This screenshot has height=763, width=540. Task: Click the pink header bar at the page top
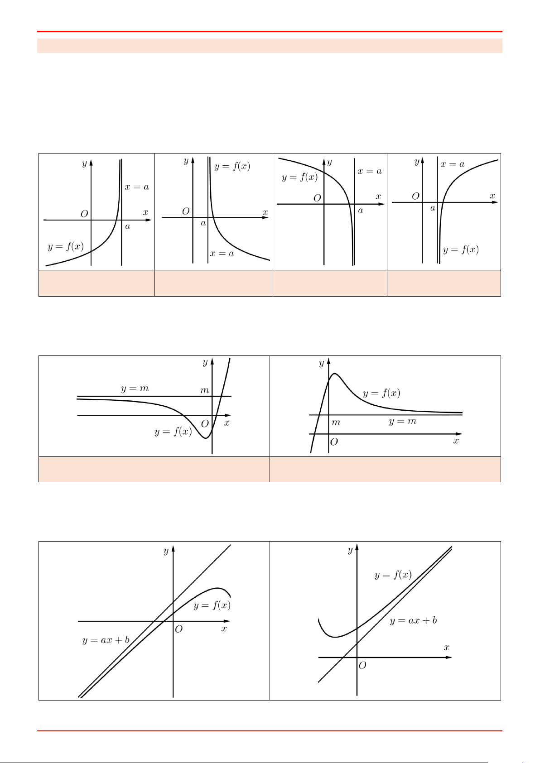coord(270,46)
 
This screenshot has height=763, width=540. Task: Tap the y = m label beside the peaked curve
coord(402,422)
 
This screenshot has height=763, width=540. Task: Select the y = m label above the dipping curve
coord(135,389)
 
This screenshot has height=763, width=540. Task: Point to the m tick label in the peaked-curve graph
coord(336,422)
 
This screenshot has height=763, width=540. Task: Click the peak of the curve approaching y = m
coord(334,374)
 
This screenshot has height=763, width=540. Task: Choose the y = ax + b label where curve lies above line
coord(413,620)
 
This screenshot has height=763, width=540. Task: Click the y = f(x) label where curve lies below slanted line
coord(212,605)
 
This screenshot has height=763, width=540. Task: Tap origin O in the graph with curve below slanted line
coord(179,629)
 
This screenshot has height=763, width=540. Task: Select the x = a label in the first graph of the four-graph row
coord(136,187)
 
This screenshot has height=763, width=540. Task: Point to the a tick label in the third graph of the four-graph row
coord(361,211)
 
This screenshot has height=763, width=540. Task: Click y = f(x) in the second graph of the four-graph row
coord(232,166)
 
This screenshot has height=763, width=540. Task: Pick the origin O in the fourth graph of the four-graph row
coord(415,196)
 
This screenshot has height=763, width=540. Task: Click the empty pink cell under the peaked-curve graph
coord(385,469)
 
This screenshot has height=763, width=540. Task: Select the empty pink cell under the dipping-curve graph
coord(154,469)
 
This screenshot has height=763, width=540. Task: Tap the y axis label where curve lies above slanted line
coord(350,550)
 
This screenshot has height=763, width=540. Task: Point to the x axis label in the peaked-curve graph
coord(456,441)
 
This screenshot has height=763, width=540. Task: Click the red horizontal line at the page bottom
coord(270,731)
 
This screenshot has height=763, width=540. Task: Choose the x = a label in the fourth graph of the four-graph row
coord(452,164)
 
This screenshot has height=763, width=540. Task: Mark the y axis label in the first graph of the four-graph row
coord(84,163)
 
